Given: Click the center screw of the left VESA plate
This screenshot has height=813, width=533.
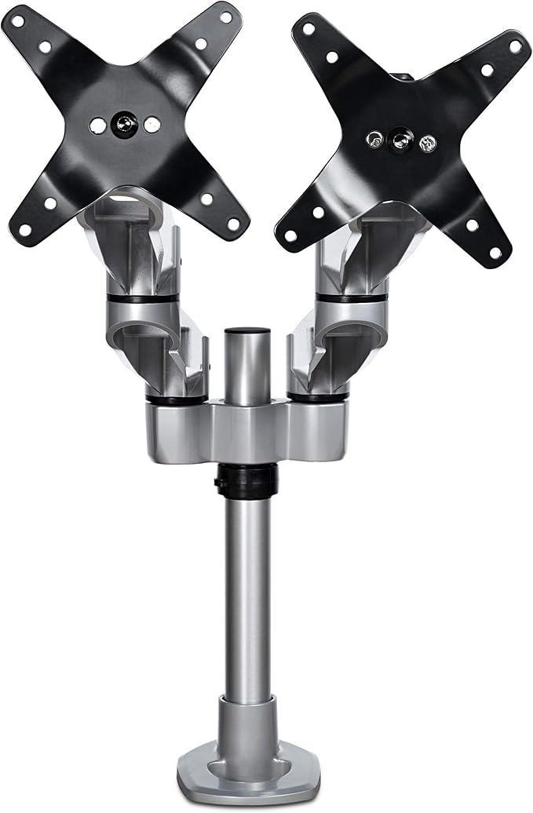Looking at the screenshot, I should pyautogui.click(x=123, y=123).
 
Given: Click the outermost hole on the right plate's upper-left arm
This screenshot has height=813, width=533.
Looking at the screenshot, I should pyautogui.click(x=308, y=29).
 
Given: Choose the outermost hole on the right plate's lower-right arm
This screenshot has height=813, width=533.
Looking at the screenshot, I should pyautogui.click(x=495, y=252).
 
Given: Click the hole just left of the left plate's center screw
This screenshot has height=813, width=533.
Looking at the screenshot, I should pyautogui.click(x=97, y=124).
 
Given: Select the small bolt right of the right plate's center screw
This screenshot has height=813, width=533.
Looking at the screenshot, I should pyautogui.click(x=427, y=144).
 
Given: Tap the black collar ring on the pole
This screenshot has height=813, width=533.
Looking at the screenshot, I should pyautogui.click(x=246, y=480).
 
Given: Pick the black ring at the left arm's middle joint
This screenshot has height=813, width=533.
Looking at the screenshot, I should pyautogui.click(x=141, y=299).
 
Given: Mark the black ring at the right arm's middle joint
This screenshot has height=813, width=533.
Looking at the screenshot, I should pyautogui.click(x=351, y=298).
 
